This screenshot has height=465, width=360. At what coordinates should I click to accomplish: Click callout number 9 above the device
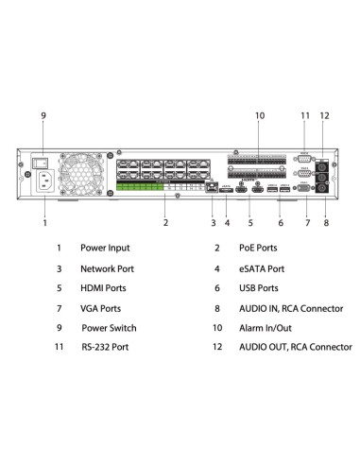pos(43,115)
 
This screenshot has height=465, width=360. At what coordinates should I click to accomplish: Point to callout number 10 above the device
pos(259,115)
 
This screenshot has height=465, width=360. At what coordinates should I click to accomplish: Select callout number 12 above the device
pos(325,115)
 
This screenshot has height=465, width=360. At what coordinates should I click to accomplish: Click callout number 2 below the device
pos(165,223)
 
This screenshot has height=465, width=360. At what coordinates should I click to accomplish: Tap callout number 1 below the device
pos(44,223)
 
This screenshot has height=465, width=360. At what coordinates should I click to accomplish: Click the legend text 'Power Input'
pos(106,248)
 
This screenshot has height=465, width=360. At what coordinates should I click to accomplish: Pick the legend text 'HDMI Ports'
pos(105,288)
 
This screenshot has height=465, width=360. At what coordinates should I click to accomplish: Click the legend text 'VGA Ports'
pos(103,308)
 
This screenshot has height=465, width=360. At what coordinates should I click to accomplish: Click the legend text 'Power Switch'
pos(109,328)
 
